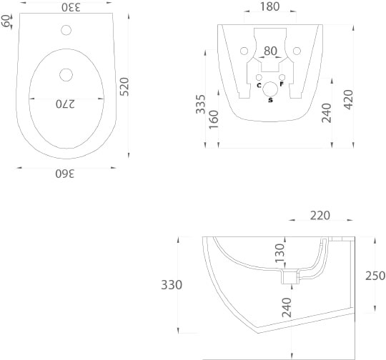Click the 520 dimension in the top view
[124, 86]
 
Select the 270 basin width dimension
[65, 104]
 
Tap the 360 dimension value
[65, 174]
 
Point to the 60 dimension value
[6, 21]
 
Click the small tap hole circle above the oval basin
[66, 30]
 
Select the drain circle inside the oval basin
[66, 75]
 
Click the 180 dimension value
[269, 6]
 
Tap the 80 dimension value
[270, 51]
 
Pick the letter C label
[259, 86]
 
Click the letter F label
[282, 84]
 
